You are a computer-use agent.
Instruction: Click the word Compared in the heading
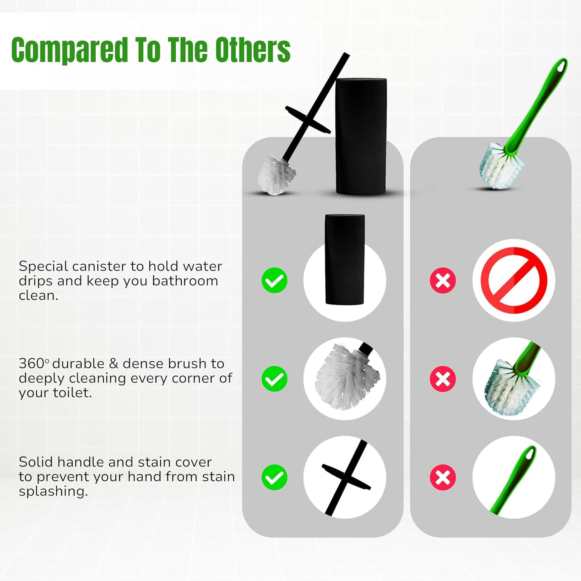pos(69,50)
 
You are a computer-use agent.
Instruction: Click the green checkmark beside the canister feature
pos(274,280)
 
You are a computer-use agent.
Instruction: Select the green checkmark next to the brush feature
pos(274,379)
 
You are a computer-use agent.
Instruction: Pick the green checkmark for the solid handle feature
pos(274,477)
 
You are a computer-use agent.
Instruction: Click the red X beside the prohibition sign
pos(443,280)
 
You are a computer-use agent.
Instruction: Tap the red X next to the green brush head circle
pos(443,379)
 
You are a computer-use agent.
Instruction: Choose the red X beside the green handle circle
pos(443,477)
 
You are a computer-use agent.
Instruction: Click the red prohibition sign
pos(514,280)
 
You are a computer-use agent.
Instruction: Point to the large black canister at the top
pos(361,136)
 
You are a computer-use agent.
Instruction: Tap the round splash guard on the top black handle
pos(308,119)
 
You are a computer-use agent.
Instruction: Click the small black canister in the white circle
pos(345,260)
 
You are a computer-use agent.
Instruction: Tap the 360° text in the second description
pos(33,363)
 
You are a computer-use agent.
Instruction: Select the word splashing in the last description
pos(53,492)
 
